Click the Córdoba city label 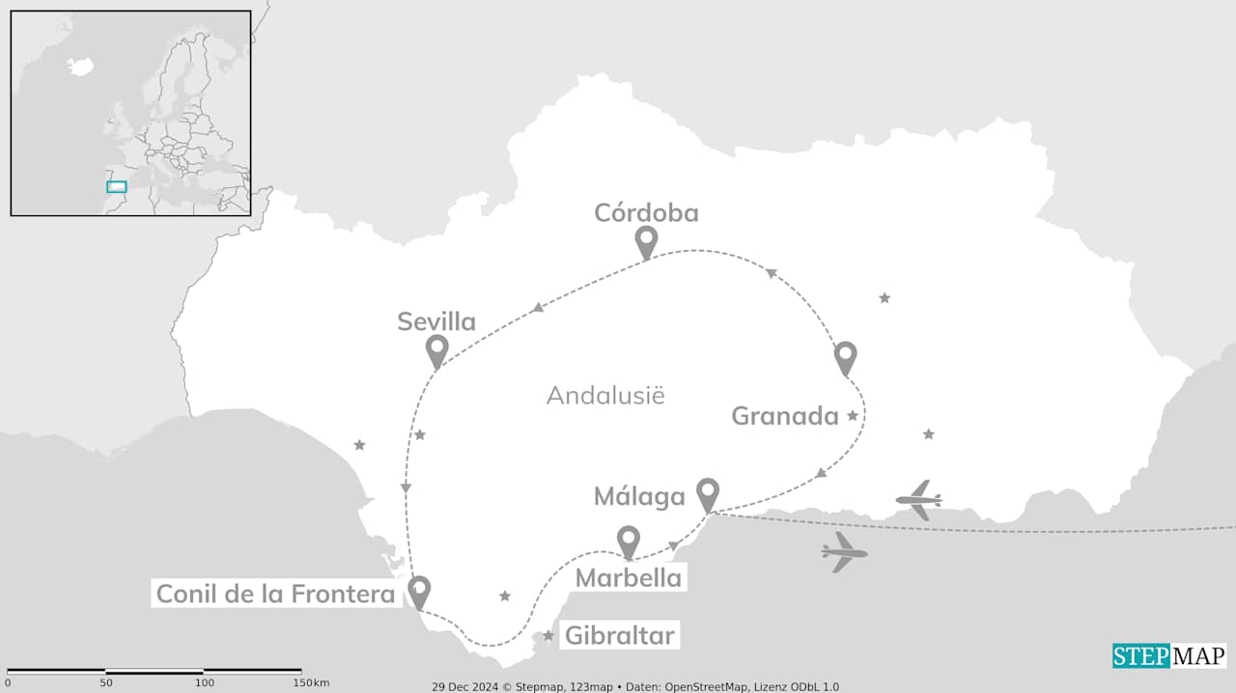tap(646, 212)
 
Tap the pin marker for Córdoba tap(646, 240)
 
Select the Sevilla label tap(436, 321)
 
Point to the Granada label tap(784, 416)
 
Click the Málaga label tap(638, 497)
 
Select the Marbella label tap(628, 578)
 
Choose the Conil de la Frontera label tap(275, 594)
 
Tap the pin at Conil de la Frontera tap(418, 590)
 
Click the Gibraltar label tap(619, 636)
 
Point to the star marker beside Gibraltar tap(548, 636)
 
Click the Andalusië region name tap(605, 395)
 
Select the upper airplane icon tap(918, 500)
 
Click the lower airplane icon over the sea tap(845, 552)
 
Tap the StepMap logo tap(1168, 656)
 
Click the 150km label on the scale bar tap(311, 683)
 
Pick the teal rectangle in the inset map tap(116, 186)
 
